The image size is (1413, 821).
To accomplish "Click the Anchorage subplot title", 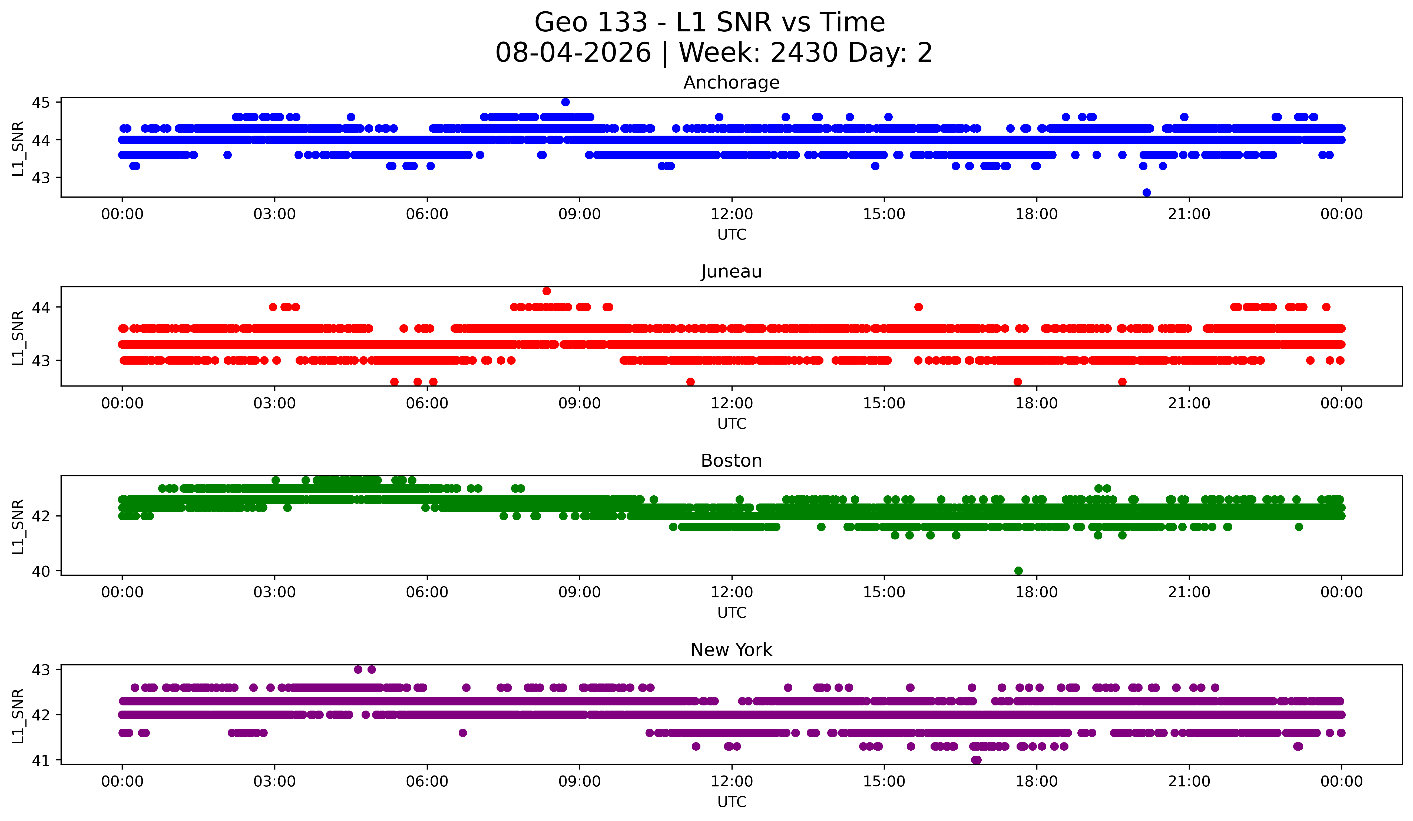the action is click(731, 83).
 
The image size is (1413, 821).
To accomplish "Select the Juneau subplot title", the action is click(731, 272).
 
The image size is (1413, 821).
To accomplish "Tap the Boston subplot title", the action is click(731, 461).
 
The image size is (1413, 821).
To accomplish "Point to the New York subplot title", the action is click(731, 650).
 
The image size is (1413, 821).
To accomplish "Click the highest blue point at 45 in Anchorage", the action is click(565, 102).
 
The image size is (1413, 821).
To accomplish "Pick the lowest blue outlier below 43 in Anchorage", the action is click(1147, 192).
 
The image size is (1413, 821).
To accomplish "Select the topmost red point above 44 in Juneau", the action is click(547, 291).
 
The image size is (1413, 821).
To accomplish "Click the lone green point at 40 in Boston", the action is click(1019, 571).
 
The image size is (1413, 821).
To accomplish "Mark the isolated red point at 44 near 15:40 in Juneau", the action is click(918, 307).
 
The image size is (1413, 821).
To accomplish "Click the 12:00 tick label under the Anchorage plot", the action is click(732, 214).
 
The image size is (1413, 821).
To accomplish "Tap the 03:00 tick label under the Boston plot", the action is click(275, 593).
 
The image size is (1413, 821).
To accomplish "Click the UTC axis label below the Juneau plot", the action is click(732, 424).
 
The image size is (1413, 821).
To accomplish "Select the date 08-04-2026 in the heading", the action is click(573, 53).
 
